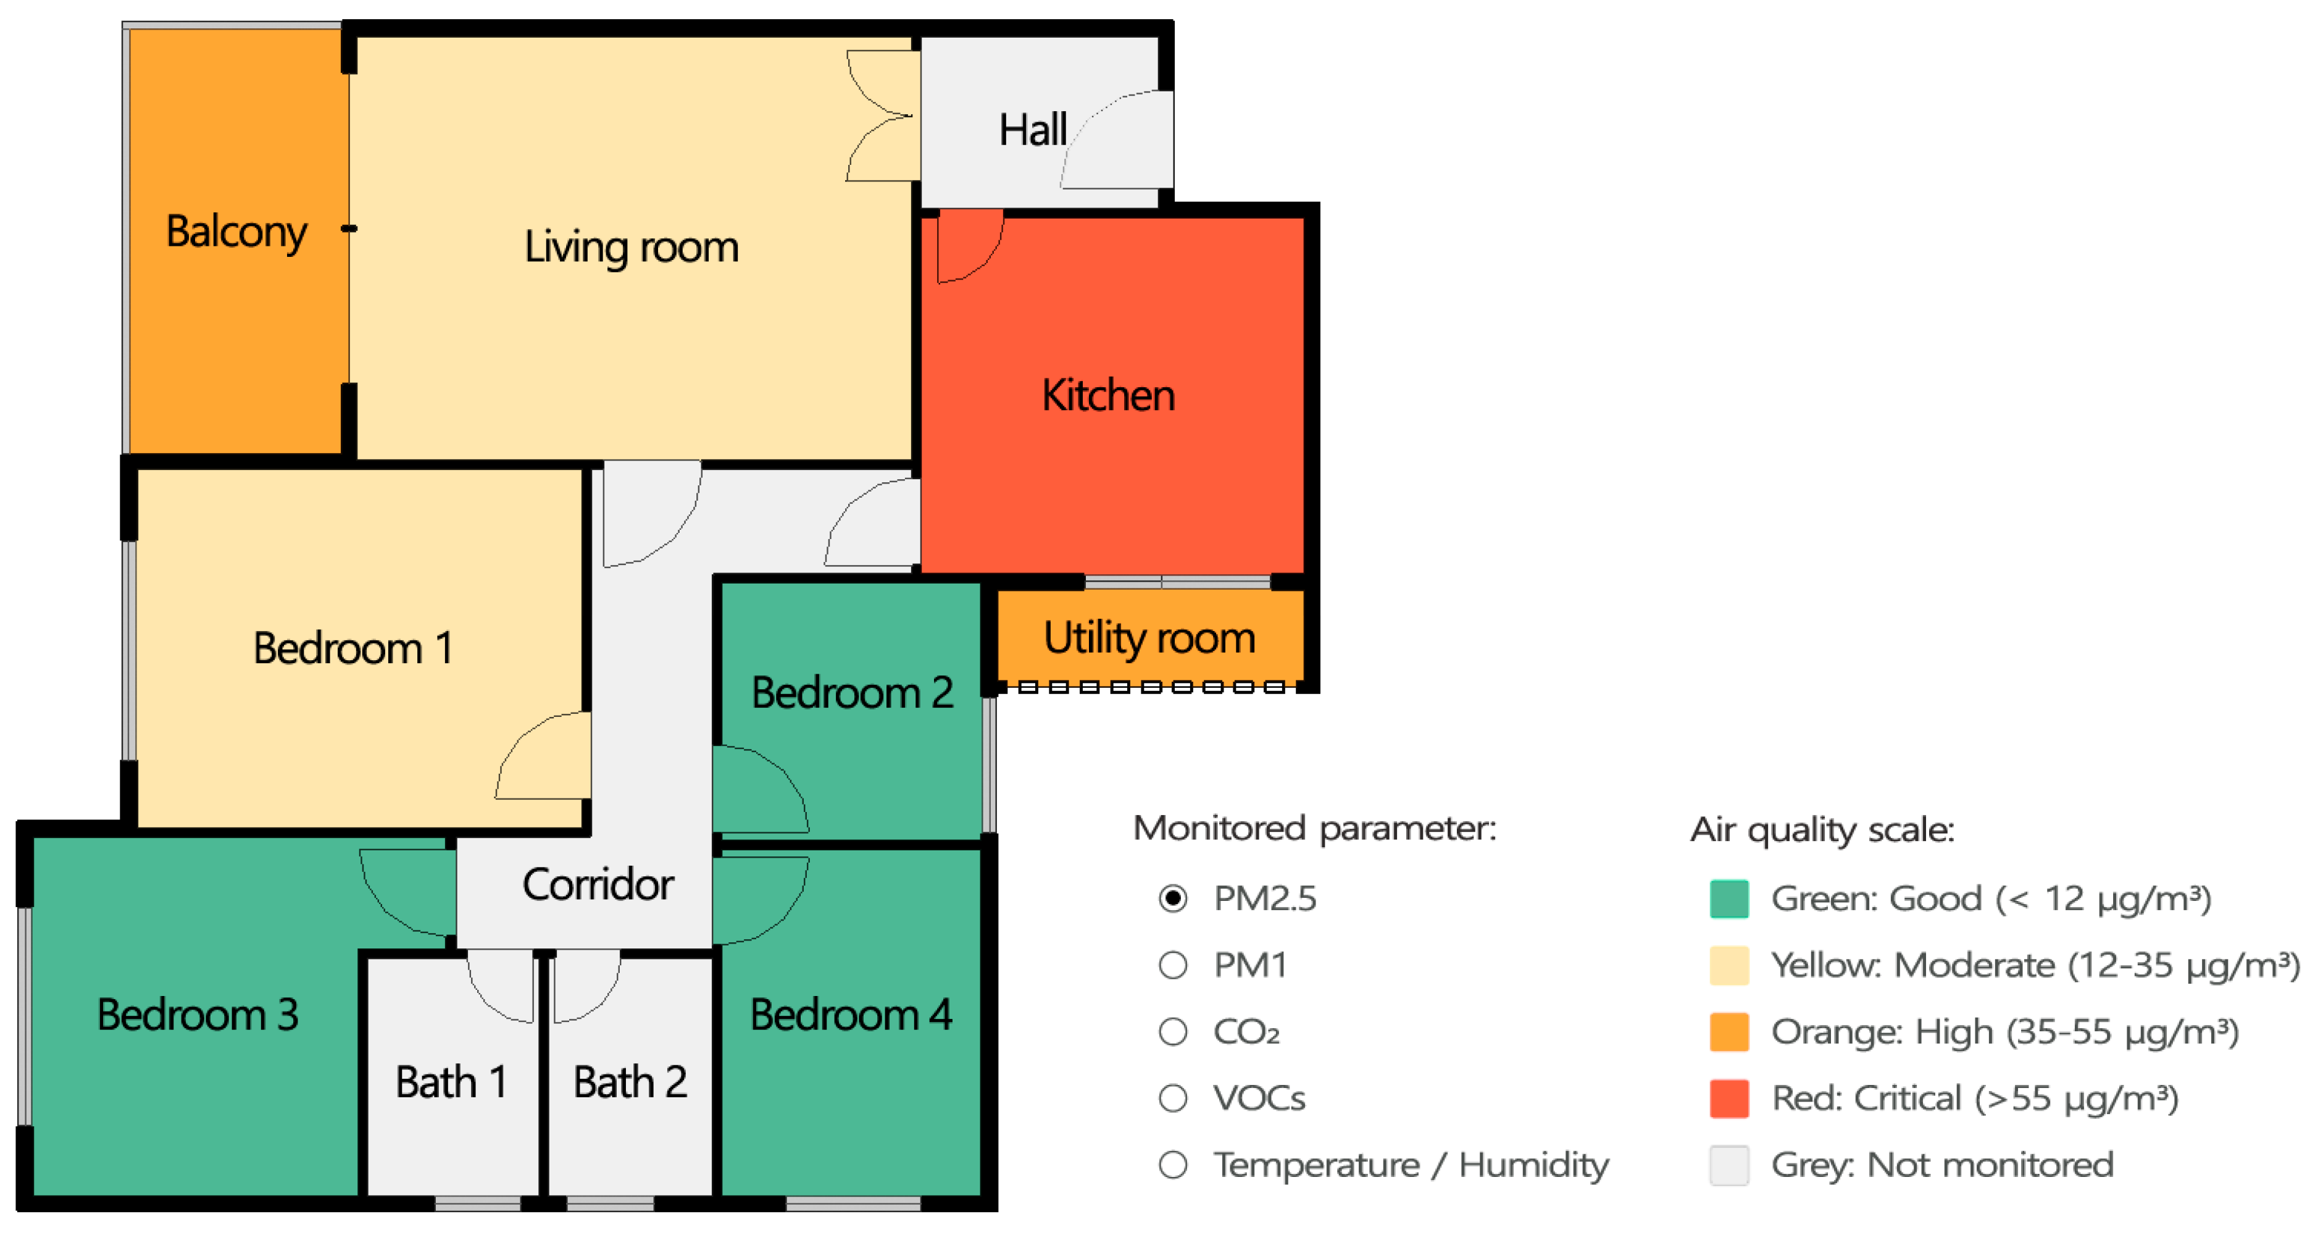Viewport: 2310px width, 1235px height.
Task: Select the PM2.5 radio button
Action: coord(1173,898)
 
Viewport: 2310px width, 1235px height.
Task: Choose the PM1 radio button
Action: coord(1173,965)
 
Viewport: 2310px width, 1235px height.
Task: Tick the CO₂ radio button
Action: coord(1173,1031)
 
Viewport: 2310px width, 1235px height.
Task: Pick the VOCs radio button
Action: coord(1173,1098)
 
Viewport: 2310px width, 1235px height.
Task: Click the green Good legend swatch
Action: coord(1729,898)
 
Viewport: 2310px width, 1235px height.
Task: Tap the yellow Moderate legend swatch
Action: coord(1729,965)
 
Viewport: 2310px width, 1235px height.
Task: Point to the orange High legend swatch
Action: coord(1729,1031)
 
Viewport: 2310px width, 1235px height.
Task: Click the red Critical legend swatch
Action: coord(1729,1098)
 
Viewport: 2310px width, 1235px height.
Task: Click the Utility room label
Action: coord(1149,638)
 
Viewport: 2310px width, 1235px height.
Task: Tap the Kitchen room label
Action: coord(1108,396)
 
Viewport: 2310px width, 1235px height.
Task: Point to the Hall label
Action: coord(1033,130)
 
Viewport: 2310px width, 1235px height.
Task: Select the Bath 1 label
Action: coord(451,1082)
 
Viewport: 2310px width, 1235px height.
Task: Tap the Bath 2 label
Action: coord(630,1082)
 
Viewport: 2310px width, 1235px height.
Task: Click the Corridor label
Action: coord(598,884)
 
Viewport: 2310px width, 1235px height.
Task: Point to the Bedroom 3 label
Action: coord(198,1015)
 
